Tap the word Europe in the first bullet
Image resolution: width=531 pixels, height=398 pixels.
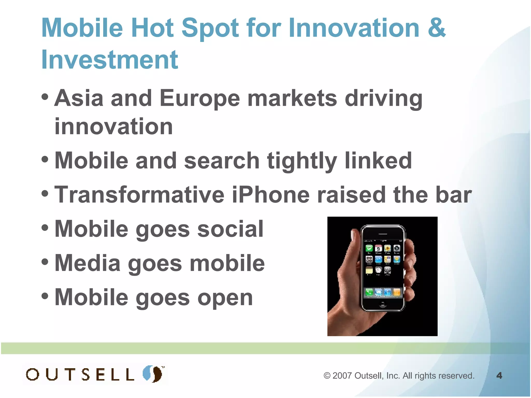(200, 98)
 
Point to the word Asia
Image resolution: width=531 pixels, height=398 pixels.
(79, 98)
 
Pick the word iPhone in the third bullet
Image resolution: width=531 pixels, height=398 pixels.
(270, 195)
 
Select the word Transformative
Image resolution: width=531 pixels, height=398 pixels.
(139, 195)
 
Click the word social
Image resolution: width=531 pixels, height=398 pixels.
(230, 229)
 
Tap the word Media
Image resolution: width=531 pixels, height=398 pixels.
(87, 263)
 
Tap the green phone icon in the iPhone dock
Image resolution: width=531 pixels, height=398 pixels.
(369, 293)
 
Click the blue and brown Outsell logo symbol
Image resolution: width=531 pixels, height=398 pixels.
(153, 374)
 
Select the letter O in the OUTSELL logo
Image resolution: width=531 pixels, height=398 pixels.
(33, 375)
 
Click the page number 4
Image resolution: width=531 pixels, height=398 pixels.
(499, 375)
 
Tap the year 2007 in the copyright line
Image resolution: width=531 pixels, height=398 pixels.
(342, 376)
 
